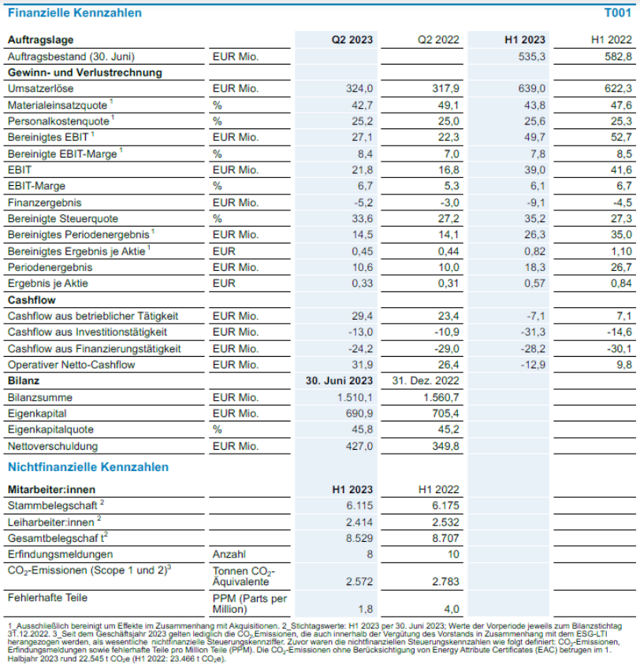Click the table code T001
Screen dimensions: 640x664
(x=617, y=13)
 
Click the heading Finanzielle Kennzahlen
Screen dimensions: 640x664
(x=75, y=13)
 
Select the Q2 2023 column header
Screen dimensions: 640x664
(x=352, y=40)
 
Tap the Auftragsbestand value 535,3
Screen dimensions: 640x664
(x=531, y=57)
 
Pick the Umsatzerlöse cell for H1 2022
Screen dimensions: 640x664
(x=618, y=88)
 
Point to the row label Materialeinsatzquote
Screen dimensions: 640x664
(x=58, y=105)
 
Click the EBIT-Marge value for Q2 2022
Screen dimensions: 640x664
(x=451, y=186)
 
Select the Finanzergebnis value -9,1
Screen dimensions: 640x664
(x=536, y=203)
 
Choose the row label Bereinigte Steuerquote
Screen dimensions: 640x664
(x=63, y=219)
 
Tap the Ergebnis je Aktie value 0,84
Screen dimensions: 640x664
(x=621, y=284)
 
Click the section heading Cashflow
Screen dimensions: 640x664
(x=32, y=300)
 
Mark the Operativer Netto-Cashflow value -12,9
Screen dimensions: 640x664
(x=533, y=365)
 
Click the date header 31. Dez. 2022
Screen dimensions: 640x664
(x=426, y=380)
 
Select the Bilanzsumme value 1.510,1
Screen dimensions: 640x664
(x=355, y=398)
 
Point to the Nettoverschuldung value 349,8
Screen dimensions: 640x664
(x=445, y=447)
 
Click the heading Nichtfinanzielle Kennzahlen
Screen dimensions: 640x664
(x=88, y=467)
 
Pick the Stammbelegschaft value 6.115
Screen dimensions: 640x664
(x=359, y=506)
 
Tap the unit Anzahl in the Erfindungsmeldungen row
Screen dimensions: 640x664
(x=229, y=555)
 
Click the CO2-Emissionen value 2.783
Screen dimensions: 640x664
(x=445, y=582)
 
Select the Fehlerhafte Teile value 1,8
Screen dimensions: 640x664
(x=366, y=610)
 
